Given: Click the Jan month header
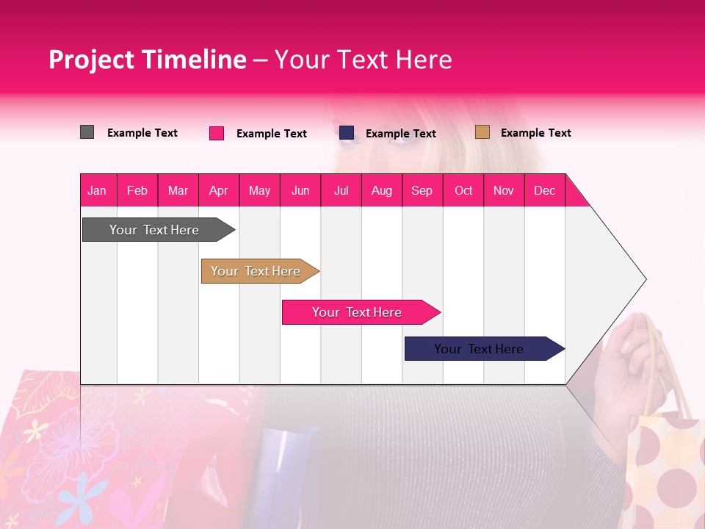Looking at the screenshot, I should tap(97, 190).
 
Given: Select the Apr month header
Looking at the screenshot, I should tap(219, 190).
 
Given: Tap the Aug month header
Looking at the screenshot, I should tap(382, 190).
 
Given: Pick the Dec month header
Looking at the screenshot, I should tap(544, 190).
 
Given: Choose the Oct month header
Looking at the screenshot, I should tap(463, 190).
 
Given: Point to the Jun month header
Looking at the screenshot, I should tap(300, 190).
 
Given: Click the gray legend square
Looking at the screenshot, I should tap(87, 132).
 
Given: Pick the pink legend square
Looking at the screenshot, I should tap(217, 133).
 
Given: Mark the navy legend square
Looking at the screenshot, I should tap(347, 133).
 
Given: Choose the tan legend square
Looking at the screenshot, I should tap(482, 132).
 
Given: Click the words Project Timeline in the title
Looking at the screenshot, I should tap(147, 60).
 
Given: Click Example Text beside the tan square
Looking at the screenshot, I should tap(535, 133).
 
